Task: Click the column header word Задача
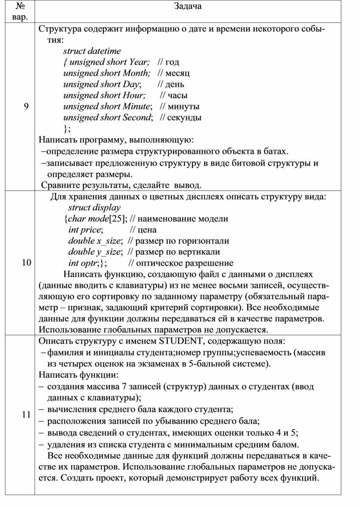[187, 6]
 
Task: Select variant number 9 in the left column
[26, 106]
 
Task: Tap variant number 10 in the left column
[26, 263]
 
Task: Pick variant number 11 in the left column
[26, 414]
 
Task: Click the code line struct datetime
[92, 51]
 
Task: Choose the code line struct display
[94, 207]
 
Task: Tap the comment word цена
[147, 229]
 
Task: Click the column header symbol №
[19, 6]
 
